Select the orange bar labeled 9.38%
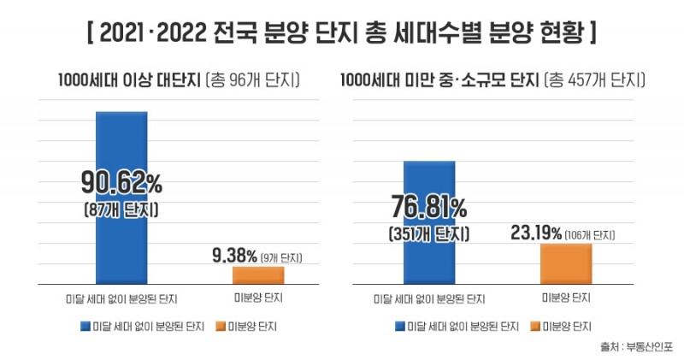258,274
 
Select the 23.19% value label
536,232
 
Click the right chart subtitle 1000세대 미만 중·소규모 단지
441,81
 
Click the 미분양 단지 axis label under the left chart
258,298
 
